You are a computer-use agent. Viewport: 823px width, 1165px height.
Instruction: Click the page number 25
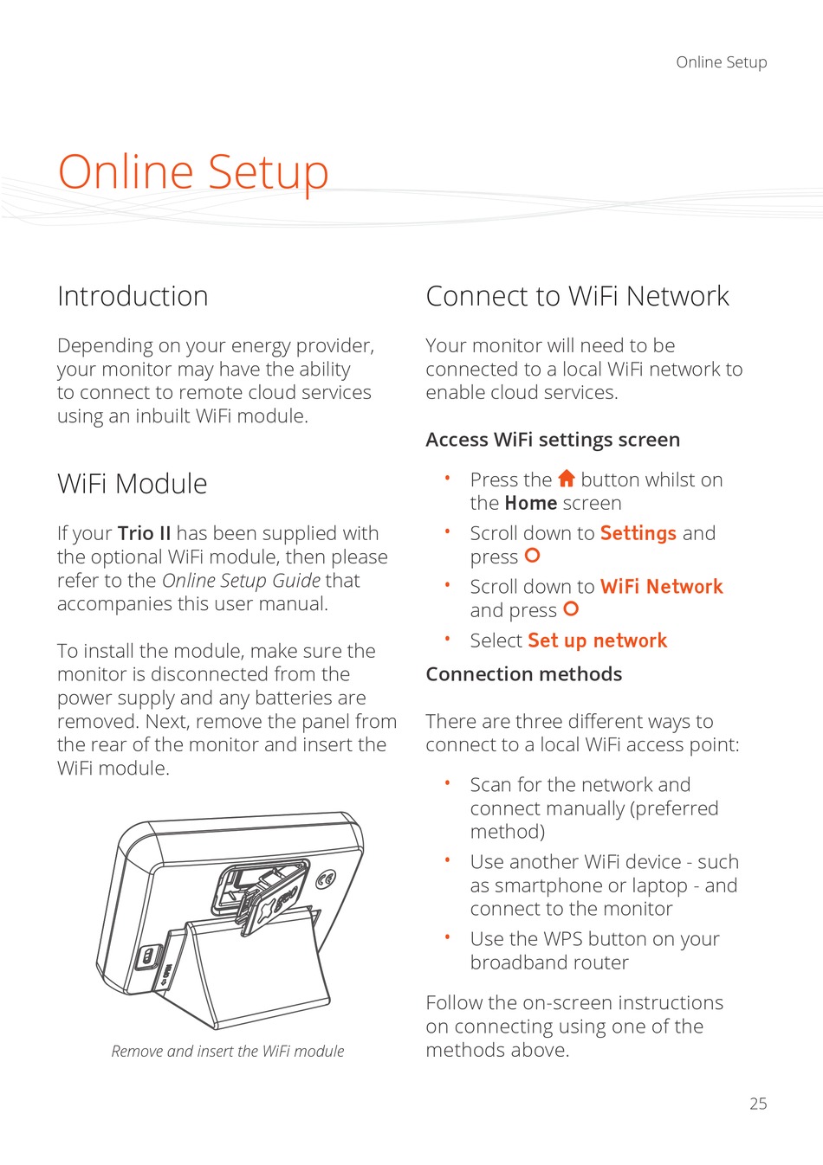click(758, 1104)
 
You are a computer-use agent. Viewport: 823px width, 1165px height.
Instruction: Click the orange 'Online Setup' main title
click(193, 171)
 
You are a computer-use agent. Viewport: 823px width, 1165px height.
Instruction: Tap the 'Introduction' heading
click(133, 296)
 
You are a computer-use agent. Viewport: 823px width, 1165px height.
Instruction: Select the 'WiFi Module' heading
click(133, 484)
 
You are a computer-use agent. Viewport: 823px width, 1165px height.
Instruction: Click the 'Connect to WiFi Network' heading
click(577, 296)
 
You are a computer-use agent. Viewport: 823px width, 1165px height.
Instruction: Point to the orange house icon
click(567, 478)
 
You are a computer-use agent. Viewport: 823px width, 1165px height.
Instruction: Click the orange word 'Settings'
click(638, 533)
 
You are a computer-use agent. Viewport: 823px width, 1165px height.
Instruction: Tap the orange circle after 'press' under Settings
click(532, 556)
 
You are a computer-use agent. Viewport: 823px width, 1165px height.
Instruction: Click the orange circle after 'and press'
click(570, 609)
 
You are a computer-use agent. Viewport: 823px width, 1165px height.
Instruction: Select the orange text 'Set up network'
click(598, 640)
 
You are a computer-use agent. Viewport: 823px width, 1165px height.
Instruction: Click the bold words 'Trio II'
click(144, 533)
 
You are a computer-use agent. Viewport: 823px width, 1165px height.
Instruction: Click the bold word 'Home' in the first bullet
click(531, 503)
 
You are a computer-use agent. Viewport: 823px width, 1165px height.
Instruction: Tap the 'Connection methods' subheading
click(523, 674)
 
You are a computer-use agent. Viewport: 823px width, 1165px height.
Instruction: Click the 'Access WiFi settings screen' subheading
click(553, 440)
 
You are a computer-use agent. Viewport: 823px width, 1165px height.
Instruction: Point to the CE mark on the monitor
click(326, 879)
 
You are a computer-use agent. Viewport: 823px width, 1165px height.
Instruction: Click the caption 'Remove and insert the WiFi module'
click(228, 1051)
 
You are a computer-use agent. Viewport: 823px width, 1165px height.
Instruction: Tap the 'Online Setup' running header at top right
click(721, 62)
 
